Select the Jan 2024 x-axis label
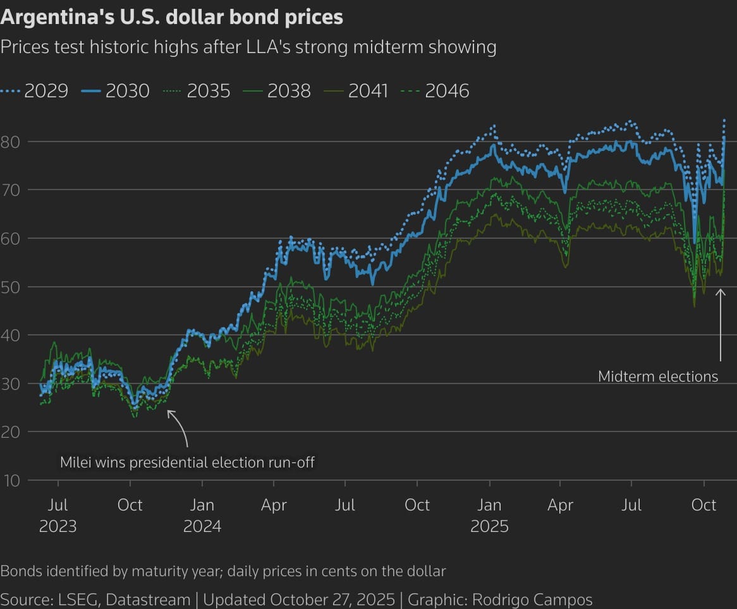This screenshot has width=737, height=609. (x=202, y=516)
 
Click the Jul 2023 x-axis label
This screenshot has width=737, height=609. (x=58, y=516)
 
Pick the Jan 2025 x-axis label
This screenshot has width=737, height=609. (x=489, y=516)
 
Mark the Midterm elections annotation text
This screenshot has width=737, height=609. (x=658, y=377)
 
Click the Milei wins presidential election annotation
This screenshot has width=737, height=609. (x=187, y=462)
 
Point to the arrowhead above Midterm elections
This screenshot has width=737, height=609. (x=720, y=291)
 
